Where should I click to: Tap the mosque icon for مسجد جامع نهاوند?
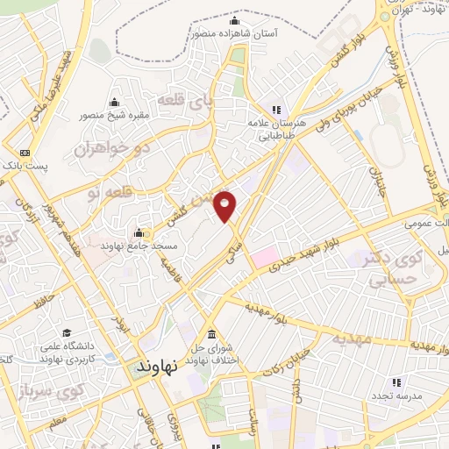(139, 234)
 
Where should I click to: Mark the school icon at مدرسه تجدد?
(396, 381)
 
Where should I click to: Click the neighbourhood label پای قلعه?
(211, 102)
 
